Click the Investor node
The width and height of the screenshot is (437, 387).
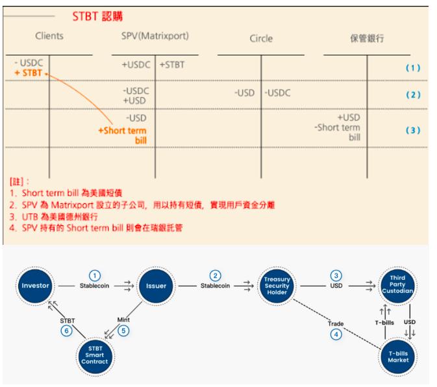[x=35, y=285]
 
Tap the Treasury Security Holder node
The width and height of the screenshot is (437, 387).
[x=277, y=285]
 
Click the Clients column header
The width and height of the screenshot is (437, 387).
[x=49, y=36]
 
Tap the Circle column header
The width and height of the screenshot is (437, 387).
[x=261, y=38]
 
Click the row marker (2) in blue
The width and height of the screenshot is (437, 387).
[x=413, y=95]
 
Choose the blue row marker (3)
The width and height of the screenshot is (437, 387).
[x=413, y=130]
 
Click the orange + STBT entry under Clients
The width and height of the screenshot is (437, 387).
[x=28, y=73]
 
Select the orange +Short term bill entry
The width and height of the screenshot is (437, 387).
[x=123, y=134]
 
